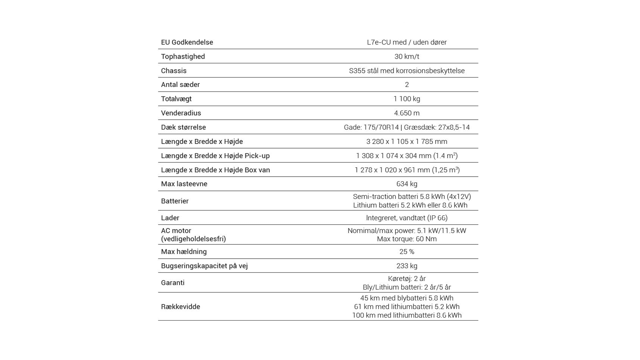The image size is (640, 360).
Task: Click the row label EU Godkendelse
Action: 187,42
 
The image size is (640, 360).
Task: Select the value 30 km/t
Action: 407,57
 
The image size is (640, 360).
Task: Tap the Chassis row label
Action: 174,71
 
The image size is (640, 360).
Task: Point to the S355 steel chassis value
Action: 407,71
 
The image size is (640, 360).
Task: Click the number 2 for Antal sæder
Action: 407,85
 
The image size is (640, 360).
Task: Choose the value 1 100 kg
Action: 407,99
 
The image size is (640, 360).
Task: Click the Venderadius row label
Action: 181,113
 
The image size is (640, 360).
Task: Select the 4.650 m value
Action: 407,113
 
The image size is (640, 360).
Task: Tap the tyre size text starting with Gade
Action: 407,127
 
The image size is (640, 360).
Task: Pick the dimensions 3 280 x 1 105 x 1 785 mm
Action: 407,141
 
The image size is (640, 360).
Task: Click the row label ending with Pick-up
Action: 215,156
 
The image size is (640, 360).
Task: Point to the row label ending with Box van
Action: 215,170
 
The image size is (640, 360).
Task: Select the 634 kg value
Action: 407,184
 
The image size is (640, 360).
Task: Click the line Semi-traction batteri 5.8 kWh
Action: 412,197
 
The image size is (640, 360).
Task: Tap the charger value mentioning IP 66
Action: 407,218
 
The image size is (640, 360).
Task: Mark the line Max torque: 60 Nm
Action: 407,239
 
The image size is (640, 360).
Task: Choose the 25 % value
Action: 407,252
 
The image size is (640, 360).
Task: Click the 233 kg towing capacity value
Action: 407,266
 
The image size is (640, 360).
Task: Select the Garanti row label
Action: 173,283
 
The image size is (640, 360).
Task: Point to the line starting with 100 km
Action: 407,315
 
